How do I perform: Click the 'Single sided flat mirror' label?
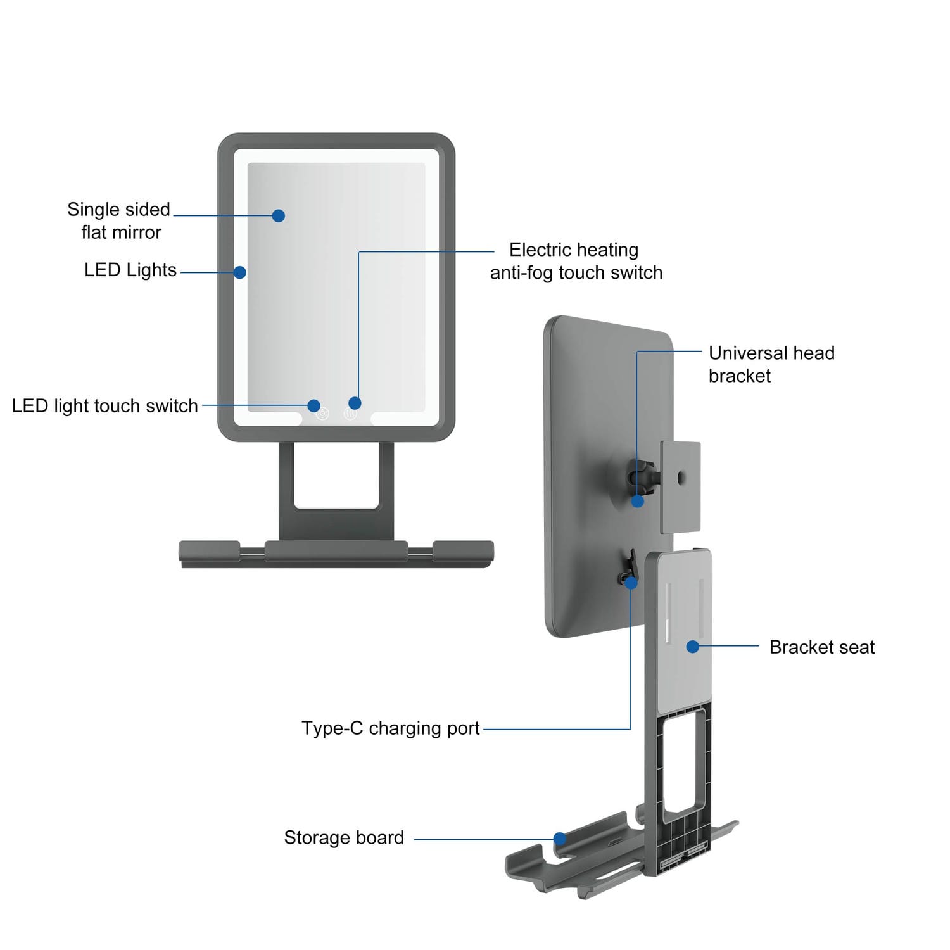pos(119,220)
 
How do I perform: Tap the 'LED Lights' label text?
pos(130,270)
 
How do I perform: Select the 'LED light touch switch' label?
pos(105,406)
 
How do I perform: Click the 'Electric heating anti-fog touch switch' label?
pos(576,261)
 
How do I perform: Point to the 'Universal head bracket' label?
pos(771,364)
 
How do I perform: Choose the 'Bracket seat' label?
pos(821,647)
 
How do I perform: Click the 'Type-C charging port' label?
pos(390,728)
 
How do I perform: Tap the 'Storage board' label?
pos(344,838)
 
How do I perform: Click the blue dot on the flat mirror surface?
pos(278,215)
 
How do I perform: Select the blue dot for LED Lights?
pos(239,272)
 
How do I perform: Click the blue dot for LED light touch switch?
pos(313,405)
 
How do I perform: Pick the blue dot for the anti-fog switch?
pos(355,403)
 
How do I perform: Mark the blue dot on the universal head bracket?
pos(638,501)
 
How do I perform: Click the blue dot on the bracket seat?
pos(692,647)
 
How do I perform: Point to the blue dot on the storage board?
pos(559,839)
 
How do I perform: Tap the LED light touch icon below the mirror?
pos(322,415)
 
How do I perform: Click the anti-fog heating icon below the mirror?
pos(350,414)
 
